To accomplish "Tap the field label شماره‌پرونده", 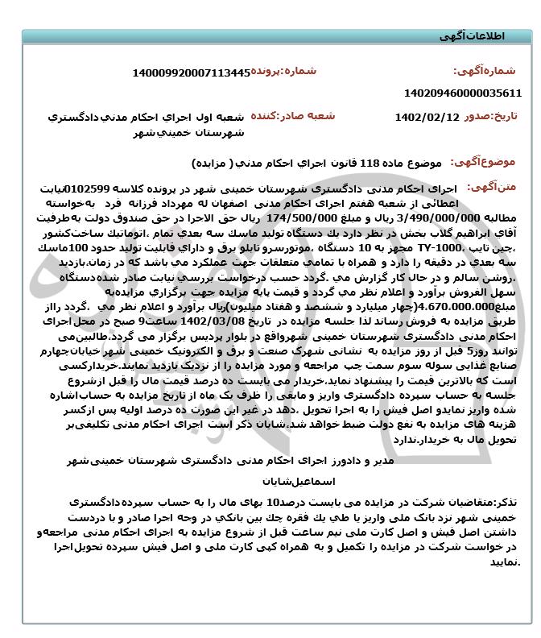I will click(285, 72).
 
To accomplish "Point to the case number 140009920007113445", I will click(191, 73).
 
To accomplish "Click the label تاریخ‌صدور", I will click(492, 116).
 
